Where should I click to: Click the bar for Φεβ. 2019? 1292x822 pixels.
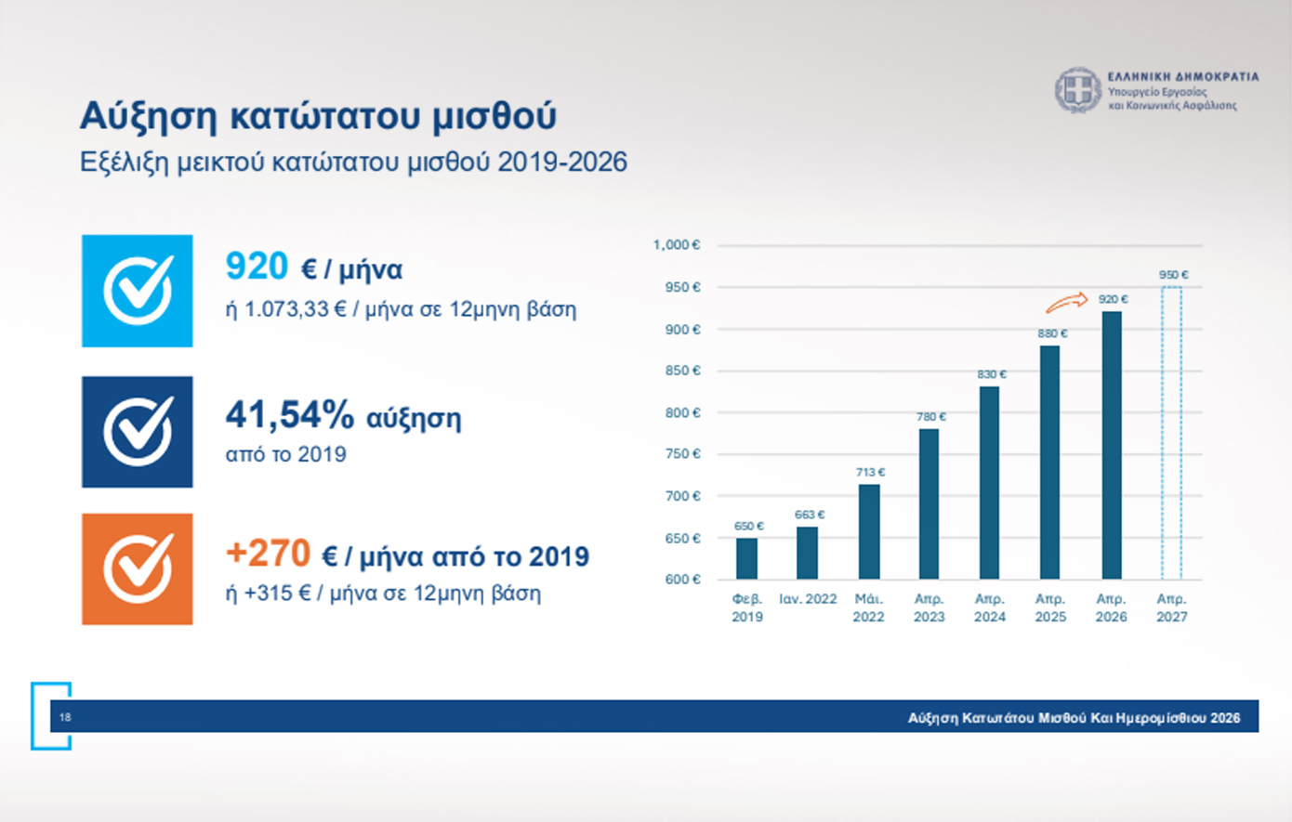[x=746, y=558]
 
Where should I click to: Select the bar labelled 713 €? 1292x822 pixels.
[x=868, y=531]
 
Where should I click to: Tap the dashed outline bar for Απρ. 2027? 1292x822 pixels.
[x=1171, y=433]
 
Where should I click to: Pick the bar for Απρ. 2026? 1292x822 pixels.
[x=1111, y=445]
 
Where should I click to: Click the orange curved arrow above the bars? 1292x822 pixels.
[x=1066, y=302]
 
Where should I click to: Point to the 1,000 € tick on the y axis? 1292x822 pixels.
[x=677, y=245]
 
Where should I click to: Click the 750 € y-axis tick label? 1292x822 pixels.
[x=682, y=454]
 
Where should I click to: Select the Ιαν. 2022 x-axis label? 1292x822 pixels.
[x=808, y=599]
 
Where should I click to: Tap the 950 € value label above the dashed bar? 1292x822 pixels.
[x=1173, y=275]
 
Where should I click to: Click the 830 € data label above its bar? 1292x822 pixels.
[x=991, y=374]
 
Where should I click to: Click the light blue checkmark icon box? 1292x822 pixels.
[x=138, y=291]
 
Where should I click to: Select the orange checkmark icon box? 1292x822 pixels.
[x=138, y=568]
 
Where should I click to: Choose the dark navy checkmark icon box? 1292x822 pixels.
[x=138, y=432]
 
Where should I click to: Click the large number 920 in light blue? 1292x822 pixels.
[x=257, y=267]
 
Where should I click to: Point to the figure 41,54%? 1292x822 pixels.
[x=289, y=415]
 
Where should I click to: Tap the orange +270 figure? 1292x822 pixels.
[x=268, y=554]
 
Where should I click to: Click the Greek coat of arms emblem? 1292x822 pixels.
[x=1078, y=91]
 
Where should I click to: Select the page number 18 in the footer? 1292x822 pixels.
[x=65, y=717]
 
